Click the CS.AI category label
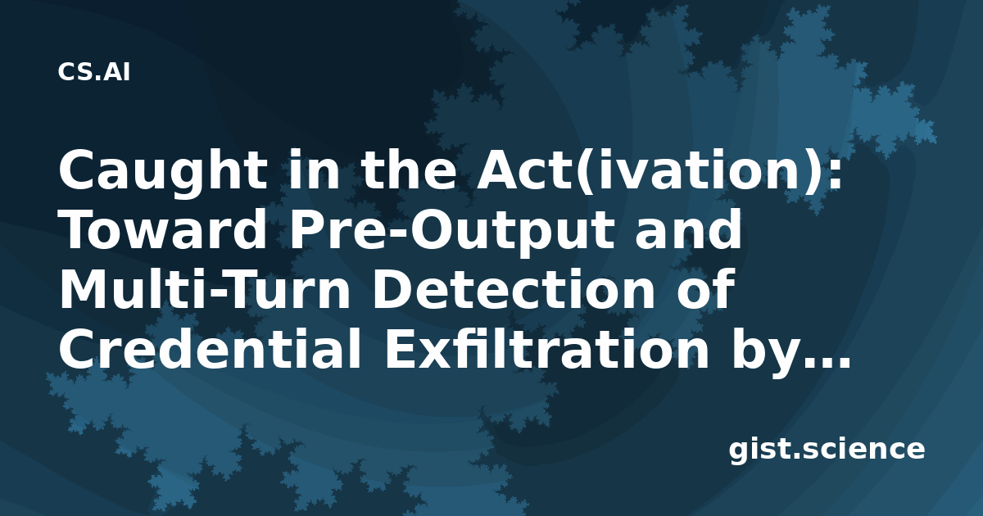94,72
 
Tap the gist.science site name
827,450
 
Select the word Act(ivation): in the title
659,171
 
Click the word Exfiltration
547,348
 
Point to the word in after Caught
315,170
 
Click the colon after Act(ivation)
835,174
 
